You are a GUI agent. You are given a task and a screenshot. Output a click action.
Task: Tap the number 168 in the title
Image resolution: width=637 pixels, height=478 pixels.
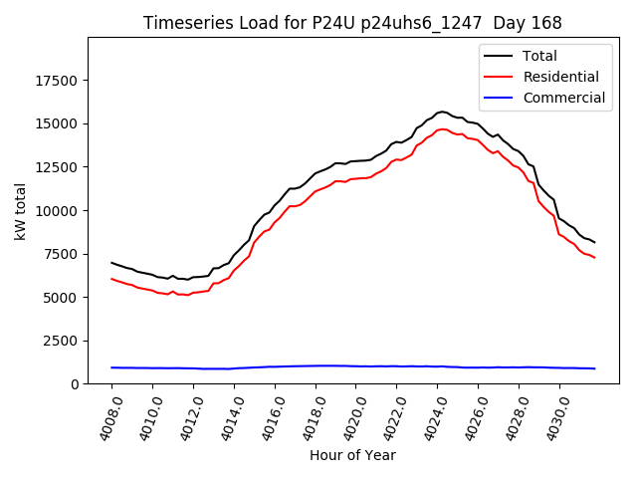pos(545,23)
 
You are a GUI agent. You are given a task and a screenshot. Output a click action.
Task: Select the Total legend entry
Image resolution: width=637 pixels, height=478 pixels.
pos(540,56)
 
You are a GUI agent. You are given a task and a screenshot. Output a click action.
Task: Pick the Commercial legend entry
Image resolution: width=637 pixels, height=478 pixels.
pos(564,98)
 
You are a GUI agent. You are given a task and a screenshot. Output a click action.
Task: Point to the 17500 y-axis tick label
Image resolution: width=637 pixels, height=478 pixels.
pos(58,81)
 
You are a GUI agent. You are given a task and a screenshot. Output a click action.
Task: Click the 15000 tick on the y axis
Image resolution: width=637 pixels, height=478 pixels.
pos(58,124)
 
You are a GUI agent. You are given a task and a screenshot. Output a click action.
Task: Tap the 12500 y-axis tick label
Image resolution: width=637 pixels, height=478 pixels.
pos(58,167)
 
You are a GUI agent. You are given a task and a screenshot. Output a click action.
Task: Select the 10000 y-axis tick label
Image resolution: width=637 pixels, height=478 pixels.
pos(58,211)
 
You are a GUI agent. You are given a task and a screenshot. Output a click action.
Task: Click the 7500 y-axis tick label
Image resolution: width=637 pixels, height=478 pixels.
pos(62,254)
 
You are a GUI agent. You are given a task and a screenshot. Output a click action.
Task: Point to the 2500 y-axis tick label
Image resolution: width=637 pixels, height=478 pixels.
pos(62,341)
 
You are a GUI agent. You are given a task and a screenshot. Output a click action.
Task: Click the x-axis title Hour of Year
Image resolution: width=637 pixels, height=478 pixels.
pos(352,455)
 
